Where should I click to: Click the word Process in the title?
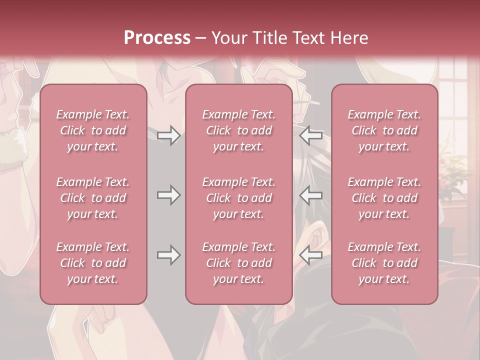157,38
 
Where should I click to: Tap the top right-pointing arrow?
168,135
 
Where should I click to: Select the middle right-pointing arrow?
168,195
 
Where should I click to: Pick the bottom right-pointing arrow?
168,255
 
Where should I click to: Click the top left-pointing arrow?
311,135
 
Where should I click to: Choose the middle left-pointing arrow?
311,195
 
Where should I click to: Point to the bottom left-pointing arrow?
311,255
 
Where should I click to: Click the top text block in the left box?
93,130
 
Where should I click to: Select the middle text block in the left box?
93,198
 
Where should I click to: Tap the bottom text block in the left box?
93,263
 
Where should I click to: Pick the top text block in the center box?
238,130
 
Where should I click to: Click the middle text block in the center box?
238,198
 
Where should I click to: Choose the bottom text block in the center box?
238,263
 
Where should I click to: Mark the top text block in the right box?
384,130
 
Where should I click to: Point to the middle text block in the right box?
384,198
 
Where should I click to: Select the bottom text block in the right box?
384,263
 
